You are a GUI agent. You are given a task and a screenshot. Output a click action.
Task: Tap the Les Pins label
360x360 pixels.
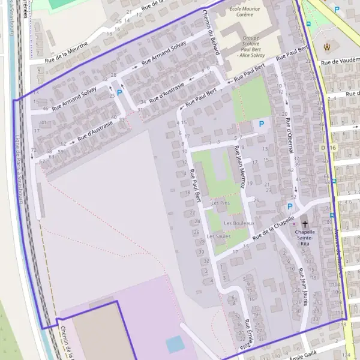[220, 203]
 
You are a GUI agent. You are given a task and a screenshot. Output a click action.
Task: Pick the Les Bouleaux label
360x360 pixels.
[239, 223]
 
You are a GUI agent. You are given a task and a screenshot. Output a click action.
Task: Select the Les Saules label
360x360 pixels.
[218, 236]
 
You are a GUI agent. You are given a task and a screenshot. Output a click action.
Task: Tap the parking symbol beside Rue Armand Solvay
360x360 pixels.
[119, 93]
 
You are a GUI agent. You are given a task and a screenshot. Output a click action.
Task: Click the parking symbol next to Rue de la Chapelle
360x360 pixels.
[290, 206]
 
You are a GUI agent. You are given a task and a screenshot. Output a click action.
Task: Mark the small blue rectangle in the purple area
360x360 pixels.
[175, 344]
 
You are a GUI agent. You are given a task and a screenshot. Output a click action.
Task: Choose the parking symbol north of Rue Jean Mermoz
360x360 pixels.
[260, 124]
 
